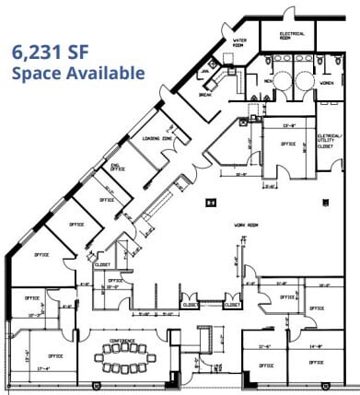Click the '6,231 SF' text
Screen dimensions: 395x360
point(51,52)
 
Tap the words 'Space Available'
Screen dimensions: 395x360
point(78,73)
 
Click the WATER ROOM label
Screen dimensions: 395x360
point(241,42)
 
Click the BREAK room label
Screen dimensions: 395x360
point(206,94)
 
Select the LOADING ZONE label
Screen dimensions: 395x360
point(145,138)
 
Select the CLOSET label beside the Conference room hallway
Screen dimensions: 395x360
point(191,304)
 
